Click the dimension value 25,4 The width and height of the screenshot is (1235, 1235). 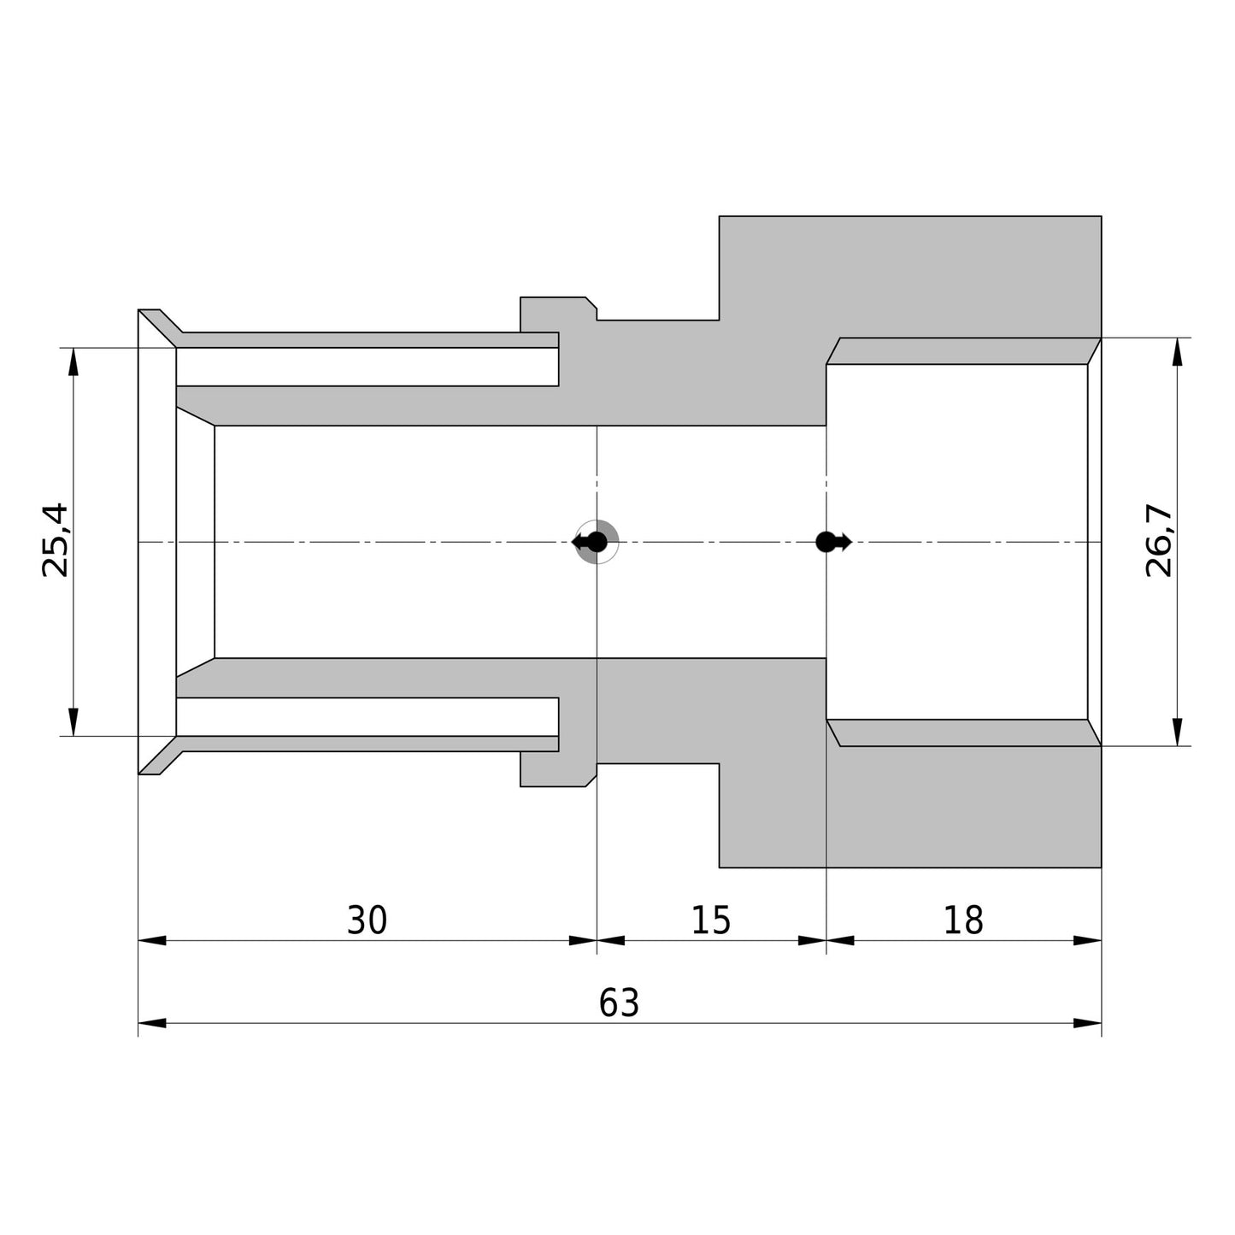55,540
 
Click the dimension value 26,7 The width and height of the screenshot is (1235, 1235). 1159,540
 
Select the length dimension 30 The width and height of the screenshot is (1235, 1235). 368,920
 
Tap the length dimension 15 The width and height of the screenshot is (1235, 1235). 711,920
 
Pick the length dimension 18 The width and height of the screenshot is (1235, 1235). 963,920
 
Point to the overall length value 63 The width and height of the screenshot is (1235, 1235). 619,1003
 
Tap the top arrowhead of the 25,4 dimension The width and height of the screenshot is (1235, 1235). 73,362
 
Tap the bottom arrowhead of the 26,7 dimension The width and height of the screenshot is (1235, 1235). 1178,732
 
